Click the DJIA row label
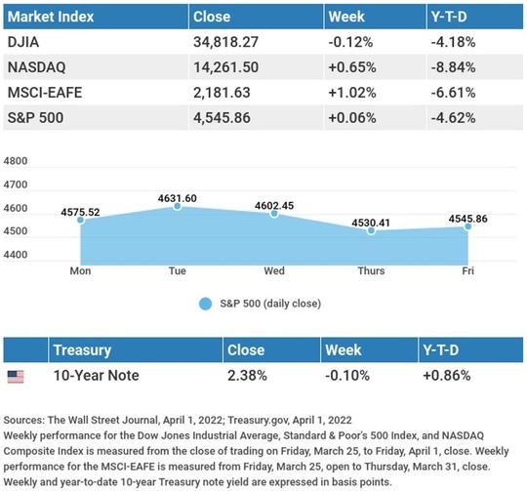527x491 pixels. click(23, 42)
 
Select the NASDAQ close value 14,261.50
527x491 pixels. click(225, 67)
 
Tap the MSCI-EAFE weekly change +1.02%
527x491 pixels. click(352, 93)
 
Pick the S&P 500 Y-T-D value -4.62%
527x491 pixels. click(454, 117)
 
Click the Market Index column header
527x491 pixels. click(51, 17)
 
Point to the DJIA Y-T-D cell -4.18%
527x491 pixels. click(454, 42)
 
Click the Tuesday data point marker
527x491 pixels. click(178, 206)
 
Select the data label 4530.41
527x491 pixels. click(371, 223)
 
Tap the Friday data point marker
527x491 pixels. click(467, 226)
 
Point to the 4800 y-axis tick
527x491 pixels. click(16, 161)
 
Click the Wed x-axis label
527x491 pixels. click(274, 270)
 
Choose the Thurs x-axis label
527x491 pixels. click(371, 270)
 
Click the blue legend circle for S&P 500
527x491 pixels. click(205, 304)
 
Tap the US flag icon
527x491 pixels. click(16, 377)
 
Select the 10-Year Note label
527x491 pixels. click(96, 376)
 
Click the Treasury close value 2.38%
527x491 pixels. click(247, 376)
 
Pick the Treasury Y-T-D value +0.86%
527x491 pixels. click(447, 376)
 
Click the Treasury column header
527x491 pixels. click(82, 350)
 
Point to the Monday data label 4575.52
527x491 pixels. click(80, 213)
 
